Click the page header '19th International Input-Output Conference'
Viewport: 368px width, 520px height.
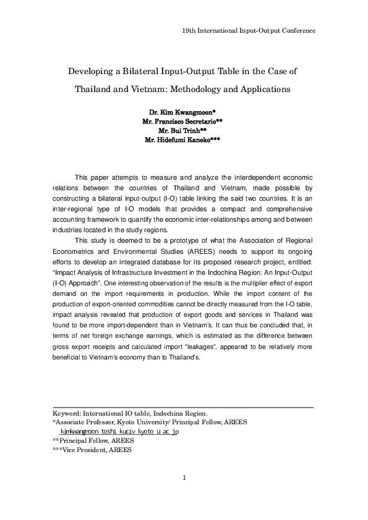pyautogui.click(x=249, y=30)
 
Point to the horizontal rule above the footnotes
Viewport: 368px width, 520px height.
pyautogui.click(x=184, y=407)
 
